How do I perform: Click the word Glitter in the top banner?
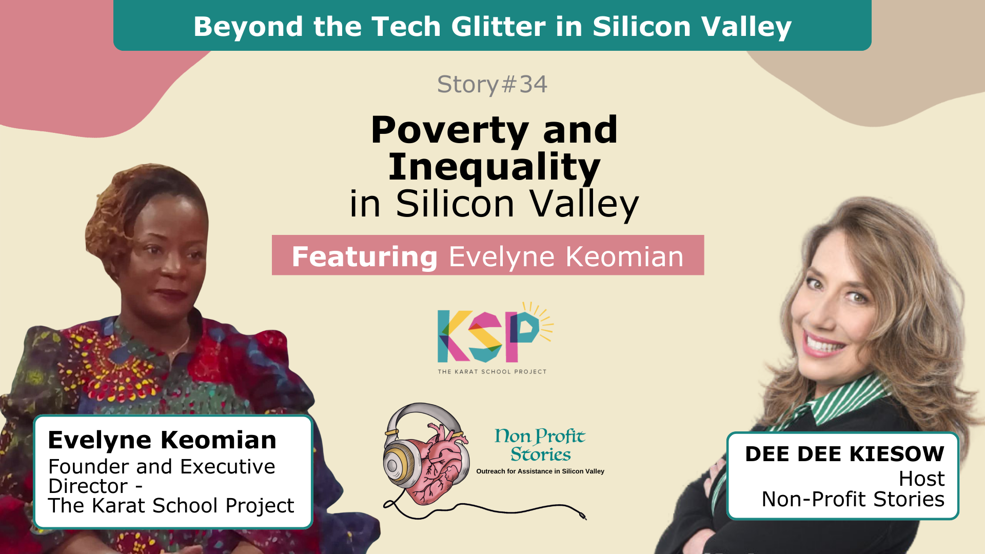pyautogui.click(x=491, y=26)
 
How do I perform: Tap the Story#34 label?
pyautogui.click(x=492, y=84)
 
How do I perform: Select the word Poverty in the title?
pyautogui.click(x=450, y=130)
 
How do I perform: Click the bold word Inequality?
pyautogui.click(x=494, y=167)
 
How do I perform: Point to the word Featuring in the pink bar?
pyautogui.click(x=365, y=256)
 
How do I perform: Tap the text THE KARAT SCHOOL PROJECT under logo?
pyautogui.click(x=492, y=371)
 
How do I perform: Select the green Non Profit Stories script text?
pyautogui.click(x=540, y=445)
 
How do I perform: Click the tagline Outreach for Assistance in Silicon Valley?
pyautogui.click(x=540, y=471)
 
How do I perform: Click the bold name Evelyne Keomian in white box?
pyautogui.click(x=162, y=440)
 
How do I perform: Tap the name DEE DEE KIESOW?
pyautogui.click(x=844, y=454)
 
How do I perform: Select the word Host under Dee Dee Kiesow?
pyautogui.click(x=921, y=479)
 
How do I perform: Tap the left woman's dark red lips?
pyautogui.click(x=171, y=294)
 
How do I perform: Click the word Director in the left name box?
pyautogui.click(x=88, y=486)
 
